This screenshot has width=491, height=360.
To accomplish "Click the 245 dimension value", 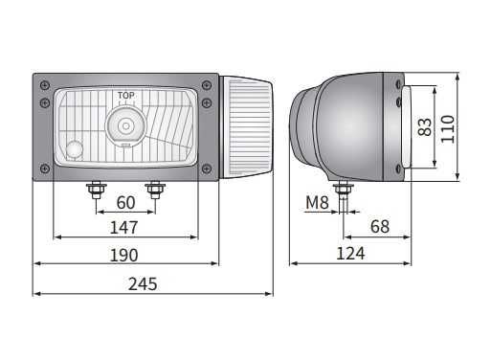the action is pos(143,283).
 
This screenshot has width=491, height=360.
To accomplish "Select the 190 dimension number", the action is pos(124,255).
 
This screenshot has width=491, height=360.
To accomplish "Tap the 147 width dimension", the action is pos(123,228).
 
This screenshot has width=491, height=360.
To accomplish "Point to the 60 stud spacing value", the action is pos(125,203).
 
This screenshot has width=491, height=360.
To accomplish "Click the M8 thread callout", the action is pos(317,202).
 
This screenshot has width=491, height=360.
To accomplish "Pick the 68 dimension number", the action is pos(380,226).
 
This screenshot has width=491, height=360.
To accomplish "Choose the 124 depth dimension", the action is pos(350,254).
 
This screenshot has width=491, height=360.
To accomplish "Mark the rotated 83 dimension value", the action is pos(424,127).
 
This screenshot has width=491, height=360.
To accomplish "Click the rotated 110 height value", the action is pos(447,129).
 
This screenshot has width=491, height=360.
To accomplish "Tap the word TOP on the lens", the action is pos(126,96).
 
